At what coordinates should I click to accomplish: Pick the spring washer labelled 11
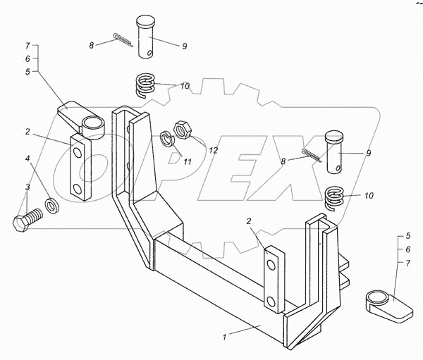167,138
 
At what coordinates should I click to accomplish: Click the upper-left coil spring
145,87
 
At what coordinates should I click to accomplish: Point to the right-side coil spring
337,195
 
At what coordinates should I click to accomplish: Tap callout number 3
27,187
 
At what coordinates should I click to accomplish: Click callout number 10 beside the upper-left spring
185,87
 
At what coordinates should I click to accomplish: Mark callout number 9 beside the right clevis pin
368,153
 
